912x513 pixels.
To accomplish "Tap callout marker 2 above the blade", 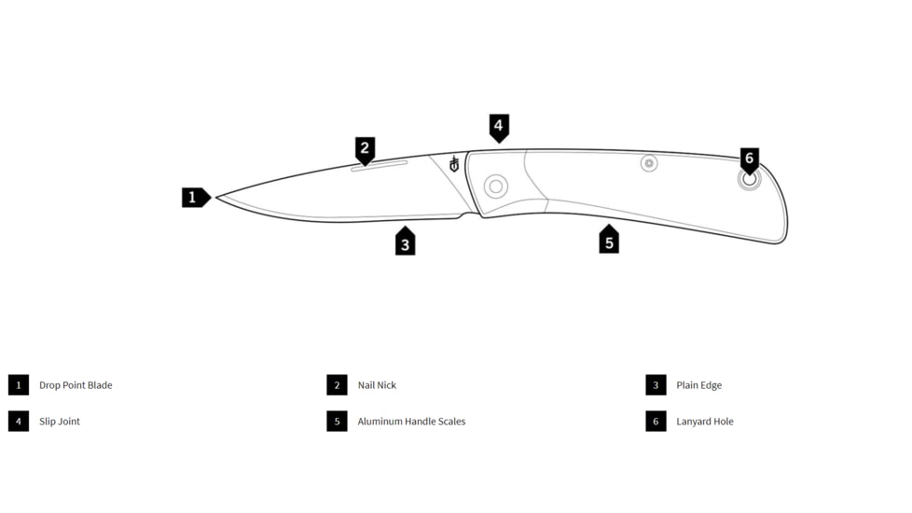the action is tap(366, 151).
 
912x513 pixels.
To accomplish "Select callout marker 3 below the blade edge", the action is tap(406, 241).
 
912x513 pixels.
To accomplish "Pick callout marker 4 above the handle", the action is tap(499, 128).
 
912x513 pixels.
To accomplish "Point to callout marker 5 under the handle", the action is tap(609, 239).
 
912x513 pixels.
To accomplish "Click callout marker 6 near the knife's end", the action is tap(749, 160).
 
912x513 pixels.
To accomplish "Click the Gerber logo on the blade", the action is tap(454, 164).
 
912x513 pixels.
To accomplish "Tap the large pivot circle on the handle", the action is tap(496, 187).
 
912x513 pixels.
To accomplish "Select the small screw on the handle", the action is tap(649, 163).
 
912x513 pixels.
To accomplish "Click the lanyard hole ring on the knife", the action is tap(750, 179).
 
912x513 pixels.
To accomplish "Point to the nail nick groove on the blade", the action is tap(380, 166).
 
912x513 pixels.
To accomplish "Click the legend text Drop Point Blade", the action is tap(76, 385).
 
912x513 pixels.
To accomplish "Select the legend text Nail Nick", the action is tap(377, 385).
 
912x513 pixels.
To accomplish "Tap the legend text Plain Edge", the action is tap(699, 385).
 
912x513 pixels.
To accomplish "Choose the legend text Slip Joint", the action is tap(60, 421).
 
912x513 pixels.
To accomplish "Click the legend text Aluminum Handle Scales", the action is tap(412, 421).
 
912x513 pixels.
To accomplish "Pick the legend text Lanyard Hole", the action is tap(705, 421).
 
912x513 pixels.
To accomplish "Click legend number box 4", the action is tap(19, 421).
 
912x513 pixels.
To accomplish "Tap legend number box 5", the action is tap(337, 421).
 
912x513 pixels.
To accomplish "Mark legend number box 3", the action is tap(656, 385).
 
